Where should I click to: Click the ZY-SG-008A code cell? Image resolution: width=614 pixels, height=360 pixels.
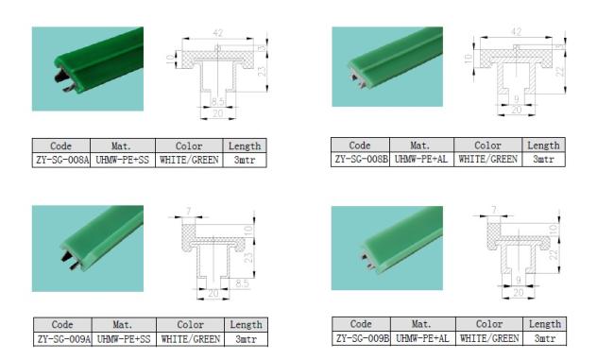(x=61, y=161)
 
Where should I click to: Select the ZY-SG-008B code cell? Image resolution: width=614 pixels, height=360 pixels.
(x=361, y=160)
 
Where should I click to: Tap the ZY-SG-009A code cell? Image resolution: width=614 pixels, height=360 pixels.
(x=63, y=339)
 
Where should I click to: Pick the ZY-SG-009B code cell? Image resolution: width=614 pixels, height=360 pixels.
(x=362, y=338)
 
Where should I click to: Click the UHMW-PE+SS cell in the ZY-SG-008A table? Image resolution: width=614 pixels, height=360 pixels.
(x=123, y=161)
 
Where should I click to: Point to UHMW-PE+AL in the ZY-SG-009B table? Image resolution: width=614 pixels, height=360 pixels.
(x=423, y=338)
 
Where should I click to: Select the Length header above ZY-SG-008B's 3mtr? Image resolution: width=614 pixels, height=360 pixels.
(x=543, y=146)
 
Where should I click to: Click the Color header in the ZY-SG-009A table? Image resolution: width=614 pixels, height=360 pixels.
(x=190, y=325)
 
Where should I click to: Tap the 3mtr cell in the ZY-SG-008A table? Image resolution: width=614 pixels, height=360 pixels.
(x=245, y=161)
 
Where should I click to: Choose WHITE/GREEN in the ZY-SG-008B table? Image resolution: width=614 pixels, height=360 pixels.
(x=488, y=160)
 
